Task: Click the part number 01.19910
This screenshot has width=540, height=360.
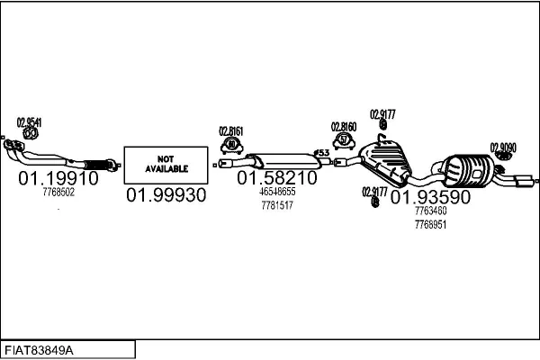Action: (x=58, y=178)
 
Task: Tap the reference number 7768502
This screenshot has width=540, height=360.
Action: (x=58, y=192)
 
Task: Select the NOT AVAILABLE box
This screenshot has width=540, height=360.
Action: (x=166, y=162)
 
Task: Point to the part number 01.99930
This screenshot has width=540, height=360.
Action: (x=166, y=195)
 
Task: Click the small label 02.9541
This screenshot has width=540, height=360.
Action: (x=29, y=122)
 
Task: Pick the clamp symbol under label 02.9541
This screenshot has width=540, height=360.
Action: (x=29, y=135)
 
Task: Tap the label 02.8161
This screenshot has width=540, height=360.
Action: (x=231, y=130)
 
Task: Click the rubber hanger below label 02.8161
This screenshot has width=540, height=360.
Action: (x=232, y=145)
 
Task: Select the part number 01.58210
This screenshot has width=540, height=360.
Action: (x=277, y=178)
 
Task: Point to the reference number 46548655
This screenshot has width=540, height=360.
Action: (x=277, y=193)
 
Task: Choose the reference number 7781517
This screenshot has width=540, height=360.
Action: (x=277, y=205)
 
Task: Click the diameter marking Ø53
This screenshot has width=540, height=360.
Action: (x=320, y=152)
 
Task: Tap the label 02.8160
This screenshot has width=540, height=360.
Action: (x=344, y=127)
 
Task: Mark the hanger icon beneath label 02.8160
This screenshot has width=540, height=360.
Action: (x=344, y=140)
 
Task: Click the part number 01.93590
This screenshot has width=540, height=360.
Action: (x=430, y=197)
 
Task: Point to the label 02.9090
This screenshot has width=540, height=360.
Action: (x=503, y=147)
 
